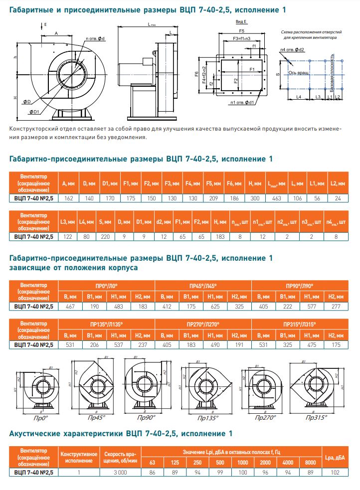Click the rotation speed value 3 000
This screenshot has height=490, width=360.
121,471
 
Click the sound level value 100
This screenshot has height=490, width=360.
243,471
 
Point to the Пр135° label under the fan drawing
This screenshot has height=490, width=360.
206,419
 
